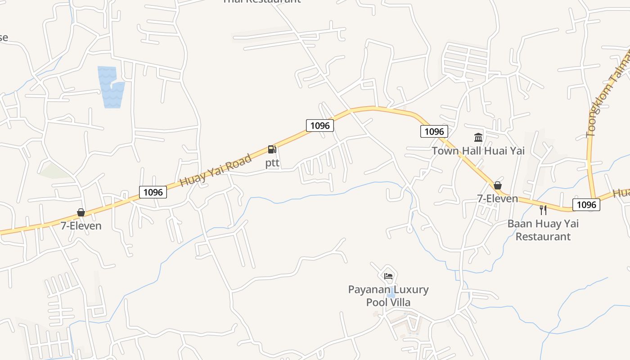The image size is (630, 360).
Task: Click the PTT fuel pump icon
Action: [272, 149]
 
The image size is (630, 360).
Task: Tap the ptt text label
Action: [272, 162]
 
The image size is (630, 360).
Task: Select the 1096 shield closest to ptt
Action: [320, 126]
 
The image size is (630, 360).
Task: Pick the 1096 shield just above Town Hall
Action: [434, 131]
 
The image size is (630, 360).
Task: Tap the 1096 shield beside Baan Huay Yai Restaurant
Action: [586, 205]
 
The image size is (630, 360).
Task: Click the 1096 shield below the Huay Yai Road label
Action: [153, 192]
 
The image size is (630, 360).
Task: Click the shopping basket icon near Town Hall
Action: [497, 185]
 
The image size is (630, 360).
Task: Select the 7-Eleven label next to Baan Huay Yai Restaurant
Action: [498, 198]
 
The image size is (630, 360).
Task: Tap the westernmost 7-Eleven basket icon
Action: [81, 212]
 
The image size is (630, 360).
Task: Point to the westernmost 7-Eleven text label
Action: [81, 225]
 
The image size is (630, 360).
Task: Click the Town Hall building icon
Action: [478, 137]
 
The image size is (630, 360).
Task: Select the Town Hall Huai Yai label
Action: [478, 151]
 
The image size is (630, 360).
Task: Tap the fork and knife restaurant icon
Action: [543, 210]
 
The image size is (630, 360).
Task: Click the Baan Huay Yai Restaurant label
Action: [543, 230]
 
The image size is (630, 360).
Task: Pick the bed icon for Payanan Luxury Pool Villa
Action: [388, 276]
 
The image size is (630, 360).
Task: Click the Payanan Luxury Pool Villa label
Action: [388, 296]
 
